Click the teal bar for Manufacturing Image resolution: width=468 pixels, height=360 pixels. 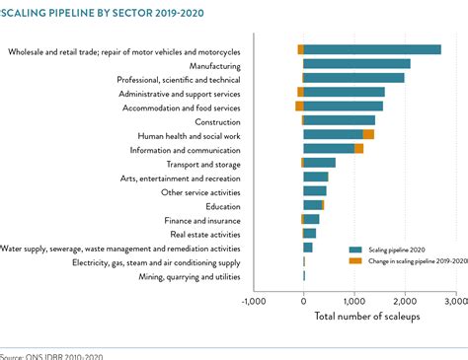coord(356,64)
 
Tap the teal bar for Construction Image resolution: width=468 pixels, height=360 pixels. coord(339,120)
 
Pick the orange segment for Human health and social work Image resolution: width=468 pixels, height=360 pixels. coord(368,134)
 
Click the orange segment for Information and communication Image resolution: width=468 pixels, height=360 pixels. coord(358,149)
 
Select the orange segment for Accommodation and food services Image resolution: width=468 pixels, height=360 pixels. coord(299,106)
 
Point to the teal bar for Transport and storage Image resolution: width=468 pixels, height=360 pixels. coord(320,163)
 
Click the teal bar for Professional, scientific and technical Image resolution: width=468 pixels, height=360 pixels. coord(353,78)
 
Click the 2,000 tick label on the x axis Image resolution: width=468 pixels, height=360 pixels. coord(405,301)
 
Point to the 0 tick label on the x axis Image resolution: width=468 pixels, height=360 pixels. coord(304,301)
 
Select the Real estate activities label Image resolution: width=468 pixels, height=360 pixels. coord(204,235)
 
